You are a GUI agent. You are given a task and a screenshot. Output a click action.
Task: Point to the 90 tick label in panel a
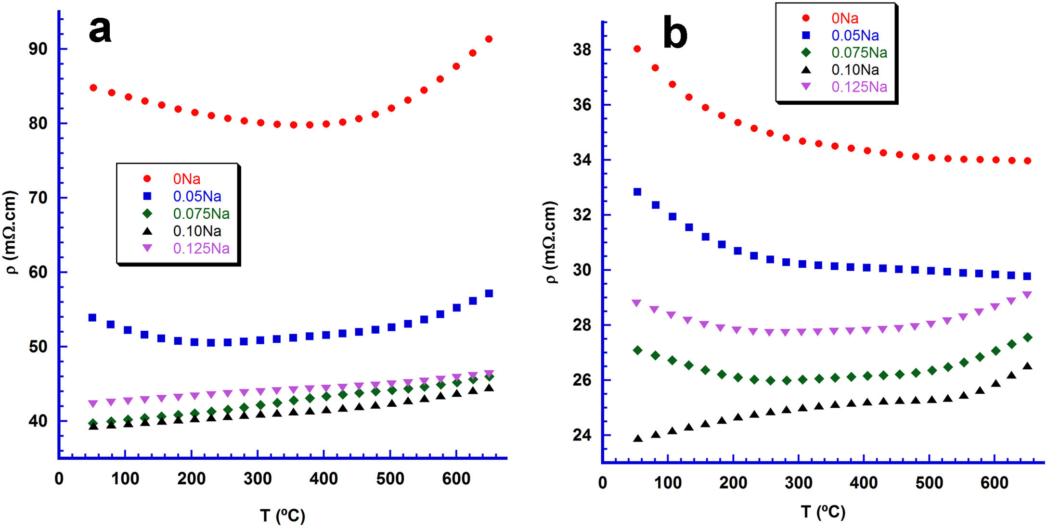tap(38, 49)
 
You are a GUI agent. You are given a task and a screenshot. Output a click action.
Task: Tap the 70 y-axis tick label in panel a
tap(38, 198)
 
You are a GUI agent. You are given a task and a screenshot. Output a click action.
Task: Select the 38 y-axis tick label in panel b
tap(582, 50)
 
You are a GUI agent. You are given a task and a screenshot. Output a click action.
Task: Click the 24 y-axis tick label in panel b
tap(582, 435)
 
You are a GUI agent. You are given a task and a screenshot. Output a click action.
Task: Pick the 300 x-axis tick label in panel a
tap(258, 479)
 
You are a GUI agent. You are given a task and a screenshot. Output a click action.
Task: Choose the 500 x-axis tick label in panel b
tap(929, 483)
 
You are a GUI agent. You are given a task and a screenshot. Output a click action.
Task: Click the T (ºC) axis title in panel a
tap(283, 515)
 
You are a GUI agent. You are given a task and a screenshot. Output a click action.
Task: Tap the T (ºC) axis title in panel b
tap(823, 512)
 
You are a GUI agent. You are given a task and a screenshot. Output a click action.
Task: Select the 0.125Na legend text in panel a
tap(201, 249)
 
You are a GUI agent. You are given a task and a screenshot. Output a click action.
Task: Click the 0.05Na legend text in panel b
tap(855, 35)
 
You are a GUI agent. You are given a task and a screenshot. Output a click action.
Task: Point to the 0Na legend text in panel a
tap(187, 179)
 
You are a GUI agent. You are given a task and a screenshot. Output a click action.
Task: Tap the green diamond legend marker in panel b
tap(806, 52)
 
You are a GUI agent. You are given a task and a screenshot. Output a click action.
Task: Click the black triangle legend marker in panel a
tap(147, 231)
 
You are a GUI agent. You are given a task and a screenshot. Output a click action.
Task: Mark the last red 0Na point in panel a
tap(489, 39)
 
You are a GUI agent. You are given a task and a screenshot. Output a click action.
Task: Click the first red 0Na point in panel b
tap(637, 49)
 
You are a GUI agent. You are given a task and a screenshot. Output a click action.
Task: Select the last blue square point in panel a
tap(489, 293)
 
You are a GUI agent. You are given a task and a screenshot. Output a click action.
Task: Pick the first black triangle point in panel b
tap(638, 439)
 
